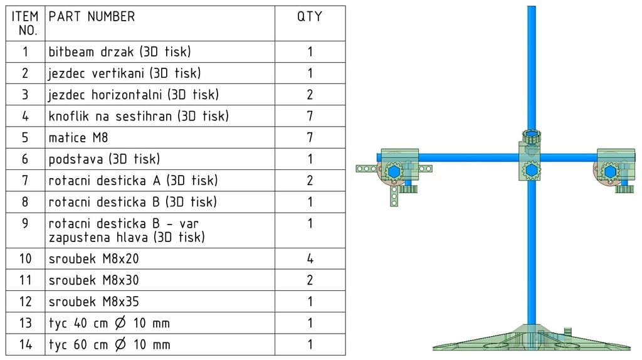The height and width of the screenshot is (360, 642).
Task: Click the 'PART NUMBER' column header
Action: coord(92,17)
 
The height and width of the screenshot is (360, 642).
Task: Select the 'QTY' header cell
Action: coord(310,17)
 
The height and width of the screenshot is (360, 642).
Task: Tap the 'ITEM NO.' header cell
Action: coord(25,23)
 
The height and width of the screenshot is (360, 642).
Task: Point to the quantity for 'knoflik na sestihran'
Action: coord(310,117)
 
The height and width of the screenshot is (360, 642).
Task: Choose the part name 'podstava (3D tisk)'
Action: coord(104,159)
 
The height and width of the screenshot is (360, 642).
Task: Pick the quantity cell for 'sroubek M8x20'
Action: coord(310,259)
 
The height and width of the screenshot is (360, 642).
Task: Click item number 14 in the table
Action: coord(25,344)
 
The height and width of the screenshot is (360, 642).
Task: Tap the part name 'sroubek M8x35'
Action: coord(93,302)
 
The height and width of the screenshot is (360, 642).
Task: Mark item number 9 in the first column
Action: coord(25,223)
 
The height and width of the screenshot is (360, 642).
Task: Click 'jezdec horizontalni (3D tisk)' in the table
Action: coord(134,95)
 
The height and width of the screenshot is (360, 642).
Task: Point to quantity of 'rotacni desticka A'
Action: coord(310,181)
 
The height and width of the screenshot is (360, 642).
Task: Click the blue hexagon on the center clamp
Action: coord(531,171)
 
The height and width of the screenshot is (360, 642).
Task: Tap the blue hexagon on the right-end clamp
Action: coord(609,171)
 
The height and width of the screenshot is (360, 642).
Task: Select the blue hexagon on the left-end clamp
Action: coord(394,171)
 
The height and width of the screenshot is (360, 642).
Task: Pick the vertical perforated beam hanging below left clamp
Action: coord(393,195)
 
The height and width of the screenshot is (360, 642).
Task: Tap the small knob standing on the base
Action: coord(569,332)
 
